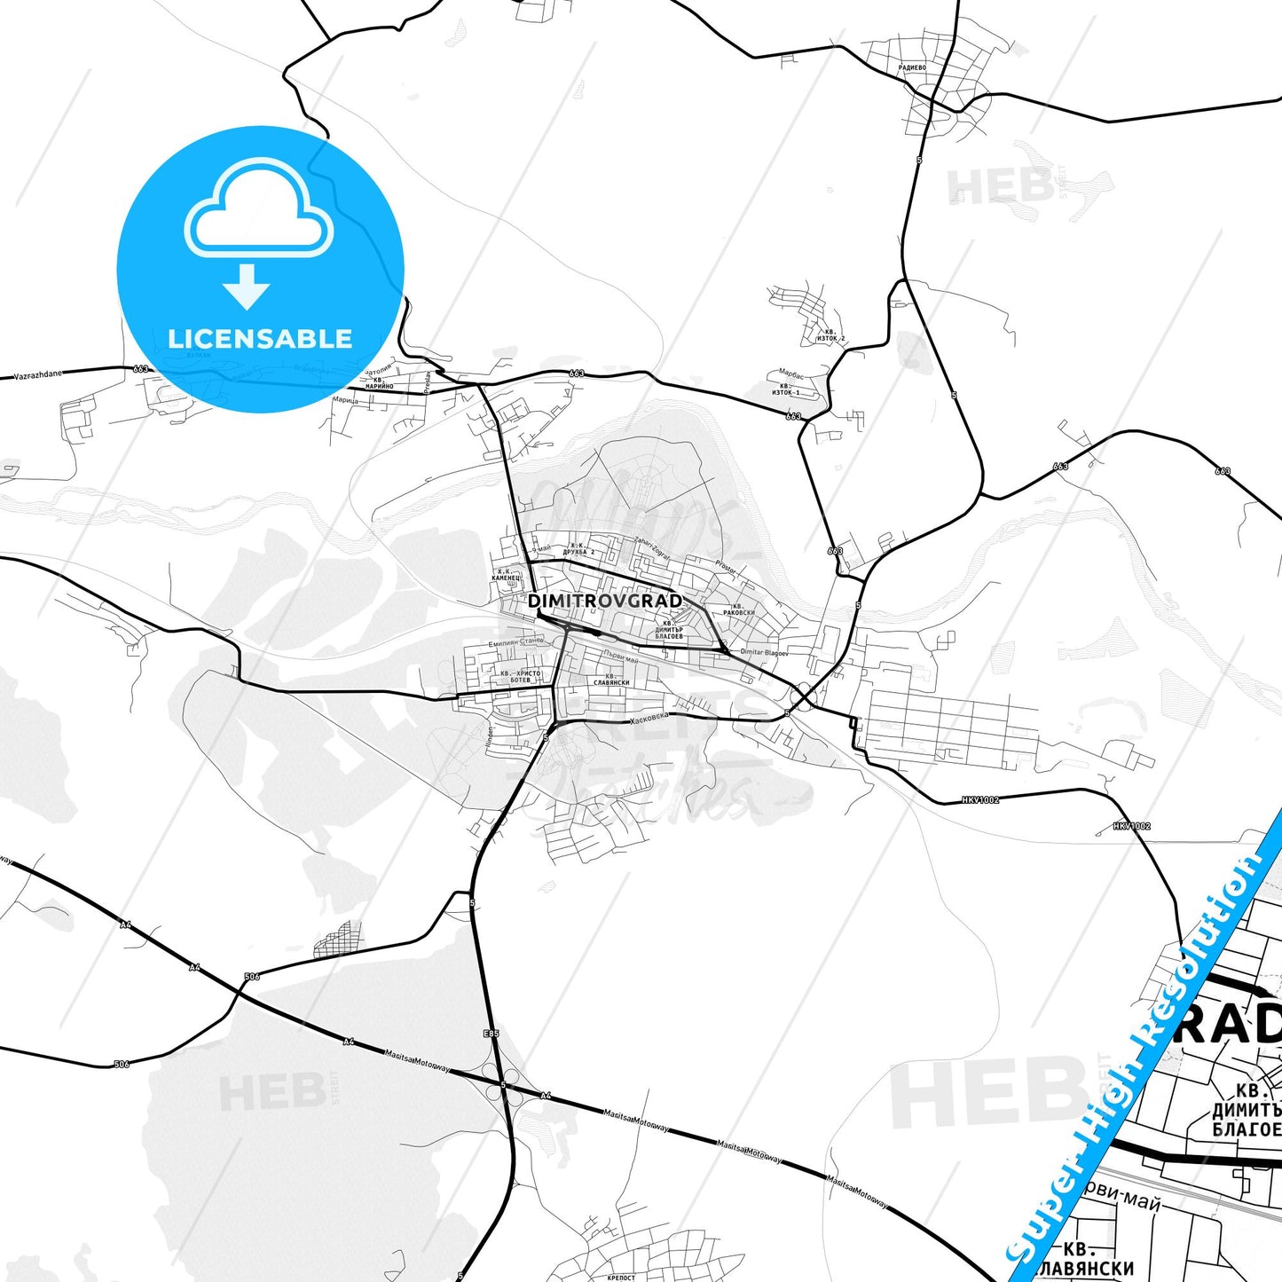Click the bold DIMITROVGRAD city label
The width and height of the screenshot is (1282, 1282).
[x=604, y=601]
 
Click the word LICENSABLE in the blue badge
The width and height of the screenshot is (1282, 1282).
[x=260, y=338]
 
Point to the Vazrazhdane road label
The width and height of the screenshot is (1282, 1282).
[x=38, y=374]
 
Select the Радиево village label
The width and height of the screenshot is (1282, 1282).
[x=911, y=67]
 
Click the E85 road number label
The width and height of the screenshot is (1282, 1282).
[x=492, y=1034]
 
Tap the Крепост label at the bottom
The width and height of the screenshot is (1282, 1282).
[x=621, y=1278]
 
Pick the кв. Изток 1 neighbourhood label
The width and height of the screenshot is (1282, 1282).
[x=785, y=389]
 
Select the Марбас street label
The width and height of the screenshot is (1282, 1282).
[x=790, y=374]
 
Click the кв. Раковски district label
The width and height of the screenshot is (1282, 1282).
[x=738, y=610]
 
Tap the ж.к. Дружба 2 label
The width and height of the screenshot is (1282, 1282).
[x=578, y=548]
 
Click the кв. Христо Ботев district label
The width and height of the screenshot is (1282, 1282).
[x=520, y=676]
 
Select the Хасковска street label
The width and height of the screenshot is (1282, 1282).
[x=648, y=716]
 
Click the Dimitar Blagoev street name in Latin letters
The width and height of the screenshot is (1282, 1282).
[x=764, y=652]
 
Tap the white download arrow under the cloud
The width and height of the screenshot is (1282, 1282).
[x=247, y=286]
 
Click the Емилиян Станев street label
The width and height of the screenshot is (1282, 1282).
[x=515, y=642]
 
